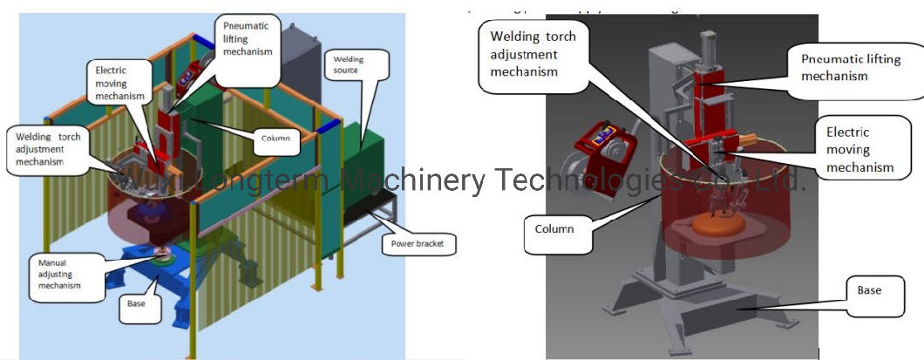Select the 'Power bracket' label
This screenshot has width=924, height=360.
pyautogui.click(x=418, y=244)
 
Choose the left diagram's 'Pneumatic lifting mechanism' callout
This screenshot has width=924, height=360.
pyautogui.click(x=248, y=39)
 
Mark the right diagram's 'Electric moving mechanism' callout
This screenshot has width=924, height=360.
pyautogui.click(x=859, y=149)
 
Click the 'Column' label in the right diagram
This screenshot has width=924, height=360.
pyautogui.click(x=555, y=229)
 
